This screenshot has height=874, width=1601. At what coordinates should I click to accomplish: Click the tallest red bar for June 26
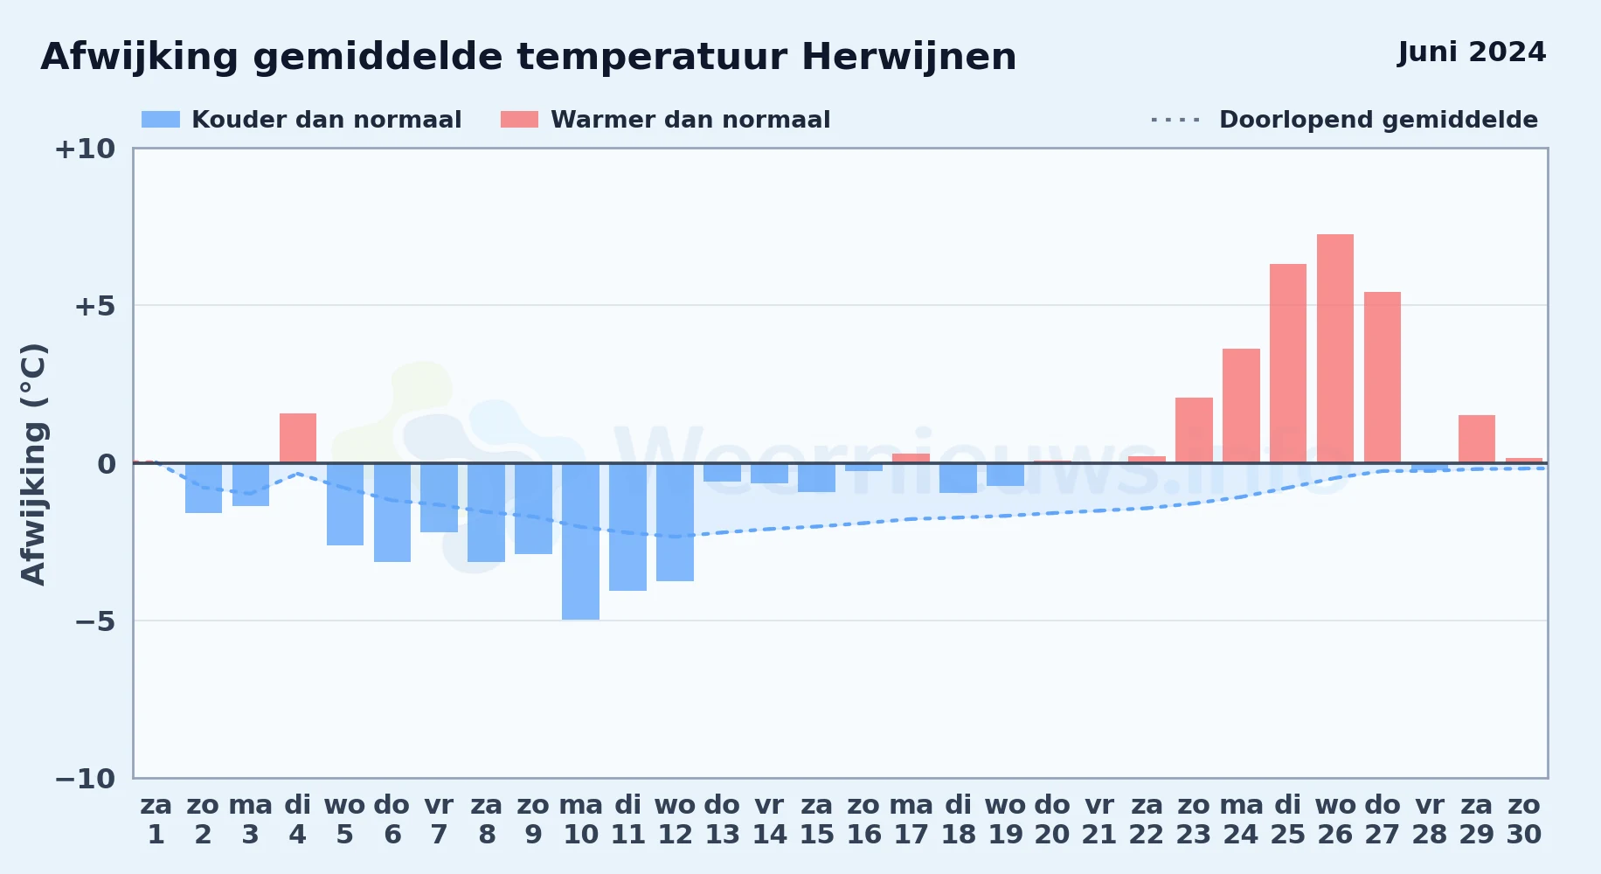(1335, 349)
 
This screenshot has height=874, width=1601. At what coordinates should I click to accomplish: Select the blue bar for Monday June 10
(580, 541)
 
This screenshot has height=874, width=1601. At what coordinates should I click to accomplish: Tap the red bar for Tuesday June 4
(298, 438)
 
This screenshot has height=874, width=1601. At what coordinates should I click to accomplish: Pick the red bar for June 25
(1288, 364)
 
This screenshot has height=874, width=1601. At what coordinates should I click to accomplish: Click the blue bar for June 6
(392, 512)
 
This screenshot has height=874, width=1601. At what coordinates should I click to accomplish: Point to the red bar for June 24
(1241, 406)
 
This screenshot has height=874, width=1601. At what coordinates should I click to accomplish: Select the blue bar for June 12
(675, 522)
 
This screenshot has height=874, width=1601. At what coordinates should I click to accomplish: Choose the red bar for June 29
(1477, 439)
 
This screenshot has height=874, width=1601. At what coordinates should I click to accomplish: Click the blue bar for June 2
(204, 488)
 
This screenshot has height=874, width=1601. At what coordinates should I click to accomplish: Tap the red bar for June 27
(1383, 378)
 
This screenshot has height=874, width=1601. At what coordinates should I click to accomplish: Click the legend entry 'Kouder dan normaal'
(301, 120)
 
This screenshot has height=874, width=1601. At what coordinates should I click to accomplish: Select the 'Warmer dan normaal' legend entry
(665, 120)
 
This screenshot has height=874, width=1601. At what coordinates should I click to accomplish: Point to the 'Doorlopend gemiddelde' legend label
(1378, 120)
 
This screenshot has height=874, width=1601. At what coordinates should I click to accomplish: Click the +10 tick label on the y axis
(86, 149)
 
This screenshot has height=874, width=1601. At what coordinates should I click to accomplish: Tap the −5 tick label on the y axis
(95, 621)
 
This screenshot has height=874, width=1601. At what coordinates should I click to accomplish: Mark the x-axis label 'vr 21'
(1099, 820)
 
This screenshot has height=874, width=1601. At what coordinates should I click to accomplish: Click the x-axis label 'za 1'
(156, 820)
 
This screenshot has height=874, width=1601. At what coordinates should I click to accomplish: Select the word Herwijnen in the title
(909, 58)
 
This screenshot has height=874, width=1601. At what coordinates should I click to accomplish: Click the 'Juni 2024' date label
(1472, 52)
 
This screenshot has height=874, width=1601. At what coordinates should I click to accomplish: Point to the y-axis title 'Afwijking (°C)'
(34, 464)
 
